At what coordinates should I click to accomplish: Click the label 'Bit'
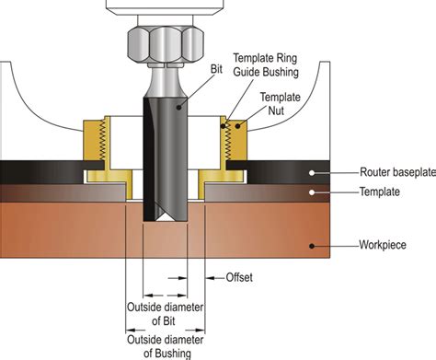point(216,69)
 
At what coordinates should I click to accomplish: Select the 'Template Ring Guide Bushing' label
point(266,64)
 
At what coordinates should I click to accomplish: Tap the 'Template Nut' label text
point(280,103)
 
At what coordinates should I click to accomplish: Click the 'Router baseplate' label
point(397,172)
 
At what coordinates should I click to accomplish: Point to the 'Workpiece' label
point(383,245)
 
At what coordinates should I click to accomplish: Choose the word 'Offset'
point(239,277)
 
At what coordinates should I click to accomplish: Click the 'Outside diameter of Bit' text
point(165,314)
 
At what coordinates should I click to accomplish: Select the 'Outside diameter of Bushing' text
point(166,346)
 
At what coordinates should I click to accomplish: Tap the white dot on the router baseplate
point(312,173)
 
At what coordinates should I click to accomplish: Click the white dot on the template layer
point(312,192)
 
